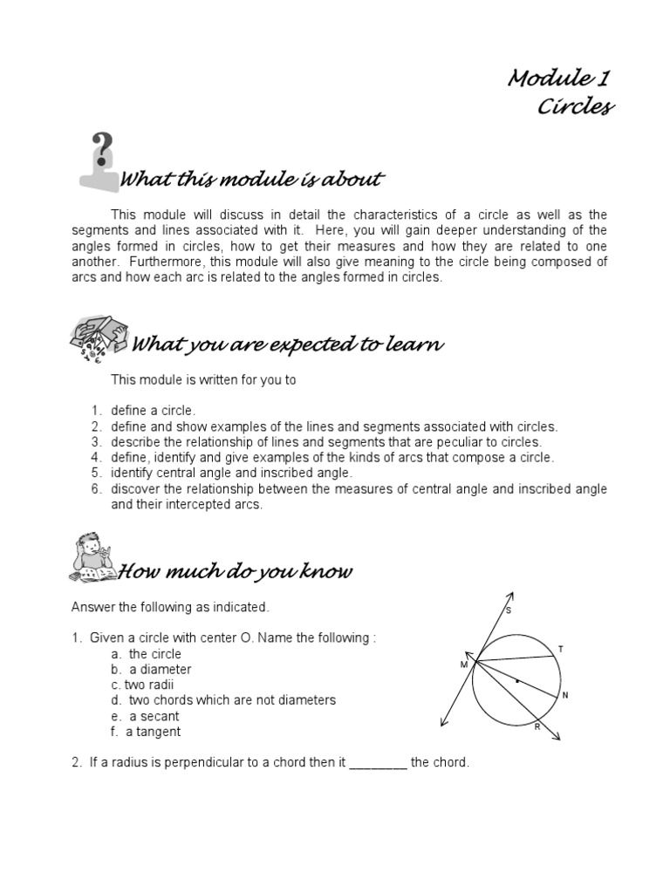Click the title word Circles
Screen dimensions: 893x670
(x=575, y=106)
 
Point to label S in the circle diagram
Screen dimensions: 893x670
(x=509, y=610)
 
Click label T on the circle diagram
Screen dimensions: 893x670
(x=561, y=648)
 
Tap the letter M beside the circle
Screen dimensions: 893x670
(x=464, y=665)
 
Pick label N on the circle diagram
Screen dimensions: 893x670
(x=565, y=695)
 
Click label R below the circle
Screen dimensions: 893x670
(x=537, y=726)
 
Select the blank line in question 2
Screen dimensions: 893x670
(x=378, y=763)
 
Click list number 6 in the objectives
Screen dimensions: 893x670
(x=98, y=489)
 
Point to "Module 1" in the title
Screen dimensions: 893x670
(x=559, y=78)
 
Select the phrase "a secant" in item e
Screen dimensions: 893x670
(x=154, y=716)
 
